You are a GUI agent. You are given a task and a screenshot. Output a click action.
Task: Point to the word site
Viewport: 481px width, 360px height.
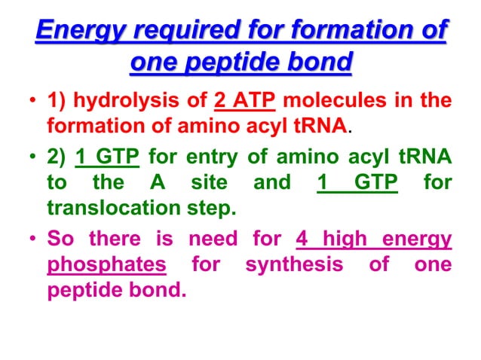click(205, 182)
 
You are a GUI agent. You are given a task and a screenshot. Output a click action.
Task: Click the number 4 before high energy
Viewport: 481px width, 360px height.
click(302, 240)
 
